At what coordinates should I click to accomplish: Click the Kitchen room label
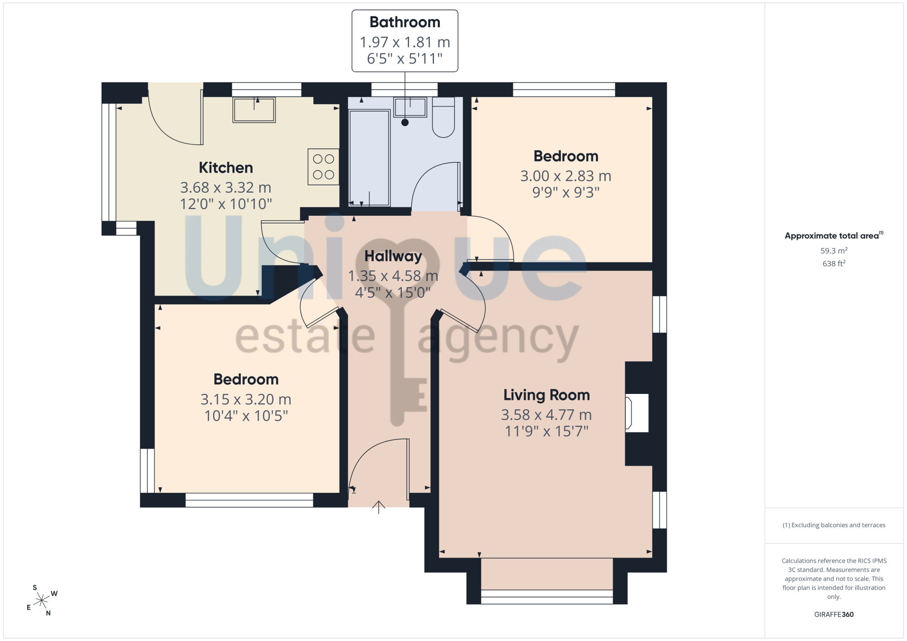226,168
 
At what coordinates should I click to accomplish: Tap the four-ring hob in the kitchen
323,166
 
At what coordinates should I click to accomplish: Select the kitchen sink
254,110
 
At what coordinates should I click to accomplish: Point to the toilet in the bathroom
444,117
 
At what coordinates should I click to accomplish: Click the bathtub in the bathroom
369,158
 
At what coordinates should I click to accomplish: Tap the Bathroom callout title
405,22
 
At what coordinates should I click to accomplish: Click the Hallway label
393,256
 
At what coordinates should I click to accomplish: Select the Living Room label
546,395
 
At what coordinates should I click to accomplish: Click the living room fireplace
637,413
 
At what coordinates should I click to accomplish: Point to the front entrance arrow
379,507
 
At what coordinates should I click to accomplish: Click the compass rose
42,601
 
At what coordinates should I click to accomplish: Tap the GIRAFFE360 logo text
834,615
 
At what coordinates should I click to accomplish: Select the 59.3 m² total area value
834,250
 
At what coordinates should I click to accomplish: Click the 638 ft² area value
834,263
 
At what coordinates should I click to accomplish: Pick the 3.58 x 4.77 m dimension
546,414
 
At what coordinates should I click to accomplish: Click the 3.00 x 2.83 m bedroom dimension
566,176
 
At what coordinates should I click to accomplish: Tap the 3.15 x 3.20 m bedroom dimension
246,399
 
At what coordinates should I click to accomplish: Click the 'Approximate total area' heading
833,236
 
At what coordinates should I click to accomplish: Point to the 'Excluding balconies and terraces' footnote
834,525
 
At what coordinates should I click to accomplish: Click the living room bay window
547,597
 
